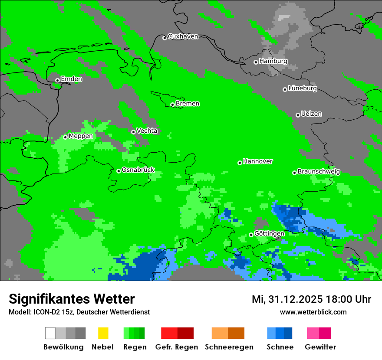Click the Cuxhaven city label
(x=183, y=37)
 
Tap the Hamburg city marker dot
(x=256, y=62)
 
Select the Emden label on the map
(x=71, y=79)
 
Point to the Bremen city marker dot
(x=172, y=105)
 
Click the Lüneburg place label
(x=303, y=88)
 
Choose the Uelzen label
(x=311, y=114)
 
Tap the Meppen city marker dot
(x=66, y=137)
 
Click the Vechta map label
(x=147, y=131)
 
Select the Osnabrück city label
(x=138, y=170)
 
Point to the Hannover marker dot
(x=240, y=163)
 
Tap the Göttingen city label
(x=269, y=234)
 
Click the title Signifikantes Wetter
(x=72, y=299)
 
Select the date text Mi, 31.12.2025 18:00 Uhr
(x=311, y=299)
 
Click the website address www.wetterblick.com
(x=313, y=312)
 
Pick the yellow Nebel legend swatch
(x=103, y=333)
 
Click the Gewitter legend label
(x=320, y=347)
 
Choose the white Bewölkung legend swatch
(x=50, y=333)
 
